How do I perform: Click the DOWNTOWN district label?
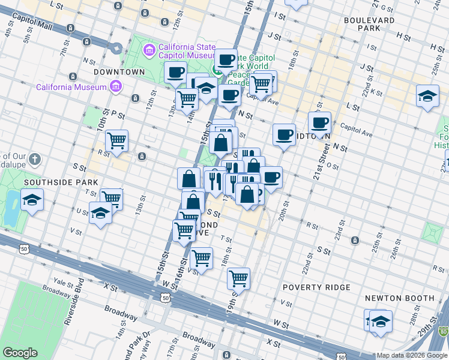[x=119, y=72]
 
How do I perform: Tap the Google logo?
[x=20, y=353]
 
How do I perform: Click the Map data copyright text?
[x=411, y=355]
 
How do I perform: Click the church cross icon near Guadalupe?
[x=35, y=160]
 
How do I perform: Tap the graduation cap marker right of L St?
[x=427, y=96]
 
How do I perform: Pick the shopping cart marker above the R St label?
[x=116, y=141]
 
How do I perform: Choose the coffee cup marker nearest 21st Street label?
[x=319, y=122]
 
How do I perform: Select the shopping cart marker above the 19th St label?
[x=238, y=278]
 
